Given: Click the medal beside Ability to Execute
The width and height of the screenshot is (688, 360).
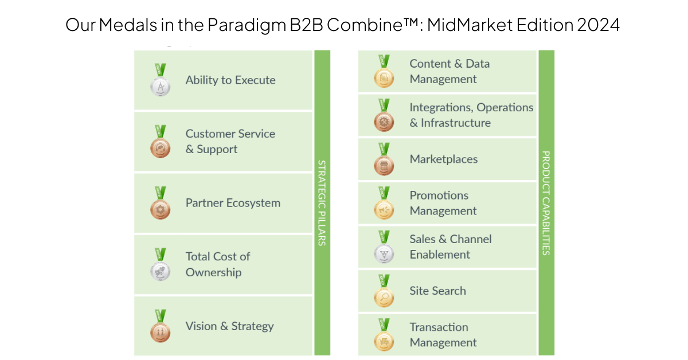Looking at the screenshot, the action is pyautogui.click(x=161, y=80).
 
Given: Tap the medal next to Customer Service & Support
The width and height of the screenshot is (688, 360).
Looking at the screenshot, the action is pyautogui.click(x=161, y=142).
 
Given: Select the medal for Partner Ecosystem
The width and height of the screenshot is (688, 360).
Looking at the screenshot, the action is pyautogui.click(x=161, y=203).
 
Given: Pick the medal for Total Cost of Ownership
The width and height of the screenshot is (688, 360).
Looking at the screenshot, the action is pyautogui.click(x=161, y=264).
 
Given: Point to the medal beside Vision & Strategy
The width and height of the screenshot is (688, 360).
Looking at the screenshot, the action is pyautogui.click(x=161, y=326).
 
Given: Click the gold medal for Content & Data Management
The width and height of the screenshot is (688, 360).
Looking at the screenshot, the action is pyautogui.click(x=384, y=71).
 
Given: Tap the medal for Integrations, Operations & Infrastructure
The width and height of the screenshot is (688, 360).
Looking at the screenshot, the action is pyautogui.click(x=384, y=115).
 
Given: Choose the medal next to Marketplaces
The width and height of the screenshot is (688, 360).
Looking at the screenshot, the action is pyautogui.click(x=384, y=159).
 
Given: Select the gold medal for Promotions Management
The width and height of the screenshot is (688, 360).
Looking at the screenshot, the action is pyautogui.click(x=384, y=203).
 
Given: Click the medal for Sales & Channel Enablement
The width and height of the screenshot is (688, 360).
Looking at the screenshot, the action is pyautogui.click(x=384, y=247).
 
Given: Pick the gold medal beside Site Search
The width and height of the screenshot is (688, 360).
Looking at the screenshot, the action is pyautogui.click(x=384, y=291).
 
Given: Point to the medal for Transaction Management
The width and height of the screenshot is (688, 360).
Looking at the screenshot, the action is pyautogui.click(x=384, y=335).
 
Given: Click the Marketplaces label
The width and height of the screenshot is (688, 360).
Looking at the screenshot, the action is pyautogui.click(x=444, y=159).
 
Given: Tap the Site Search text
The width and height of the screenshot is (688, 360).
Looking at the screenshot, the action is pyautogui.click(x=437, y=291).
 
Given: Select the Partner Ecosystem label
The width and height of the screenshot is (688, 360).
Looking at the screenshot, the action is pyautogui.click(x=233, y=203).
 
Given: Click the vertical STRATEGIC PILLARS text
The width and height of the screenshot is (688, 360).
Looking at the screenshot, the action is pyautogui.click(x=322, y=203).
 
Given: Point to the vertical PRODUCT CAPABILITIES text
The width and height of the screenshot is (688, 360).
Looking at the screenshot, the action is pyautogui.click(x=546, y=203).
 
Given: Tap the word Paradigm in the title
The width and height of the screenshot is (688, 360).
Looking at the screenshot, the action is pyautogui.click(x=247, y=25).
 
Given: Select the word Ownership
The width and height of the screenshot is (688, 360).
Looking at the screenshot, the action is pyautogui.click(x=213, y=273).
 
